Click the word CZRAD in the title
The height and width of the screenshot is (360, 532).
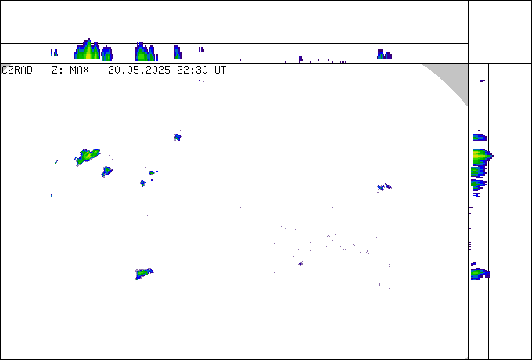pyautogui.click(x=17, y=70)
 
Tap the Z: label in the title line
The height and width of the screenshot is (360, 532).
pyautogui.click(x=56, y=70)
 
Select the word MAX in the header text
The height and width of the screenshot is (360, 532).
pyautogui.click(x=79, y=70)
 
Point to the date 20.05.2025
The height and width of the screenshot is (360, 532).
pyautogui.click(x=139, y=70)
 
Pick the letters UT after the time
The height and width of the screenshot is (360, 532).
pyautogui.click(x=220, y=70)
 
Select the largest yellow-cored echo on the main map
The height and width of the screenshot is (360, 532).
pyautogui.click(x=88, y=157)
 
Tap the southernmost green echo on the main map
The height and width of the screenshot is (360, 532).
pyautogui.click(x=143, y=273)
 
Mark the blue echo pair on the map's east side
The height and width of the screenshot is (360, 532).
pyautogui.click(x=384, y=187)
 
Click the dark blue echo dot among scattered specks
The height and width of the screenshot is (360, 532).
pyautogui.click(x=300, y=264)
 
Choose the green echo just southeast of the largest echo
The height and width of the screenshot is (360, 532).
pyautogui.click(x=106, y=171)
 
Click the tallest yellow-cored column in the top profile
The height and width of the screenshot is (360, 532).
pyautogui.click(x=88, y=49)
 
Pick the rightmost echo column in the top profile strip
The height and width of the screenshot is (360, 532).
pyautogui.click(x=384, y=54)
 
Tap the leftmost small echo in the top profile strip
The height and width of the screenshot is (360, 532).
pyautogui.click(x=54, y=54)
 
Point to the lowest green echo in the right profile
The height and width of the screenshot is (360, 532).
pyautogui.click(x=480, y=274)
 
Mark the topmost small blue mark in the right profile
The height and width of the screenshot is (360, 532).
pyautogui.click(x=483, y=81)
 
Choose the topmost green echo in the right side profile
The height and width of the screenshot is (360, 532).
pyautogui.click(x=480, y=138)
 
